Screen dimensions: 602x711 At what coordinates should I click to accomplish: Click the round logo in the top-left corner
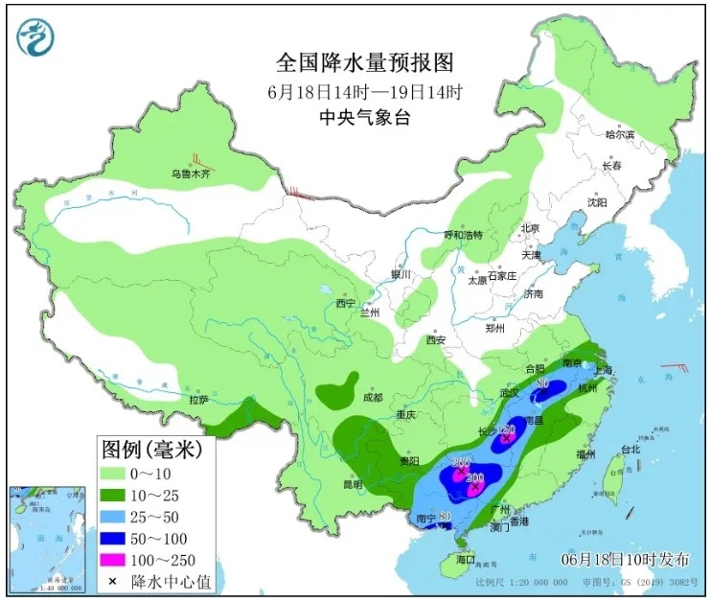click(x=35, y=36)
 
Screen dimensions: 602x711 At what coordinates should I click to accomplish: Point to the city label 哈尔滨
click(x=620, y=135)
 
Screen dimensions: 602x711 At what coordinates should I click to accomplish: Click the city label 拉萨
click(x=199, y=399)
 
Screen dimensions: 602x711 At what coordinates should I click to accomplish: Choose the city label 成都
click(x=373, y=398)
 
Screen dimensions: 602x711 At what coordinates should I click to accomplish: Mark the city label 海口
click(x=467, y=558)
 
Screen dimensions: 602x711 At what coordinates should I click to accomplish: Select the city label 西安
click(x=437, y=339)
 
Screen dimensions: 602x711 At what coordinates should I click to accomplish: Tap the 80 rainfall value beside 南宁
click(x=444, y=518)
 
